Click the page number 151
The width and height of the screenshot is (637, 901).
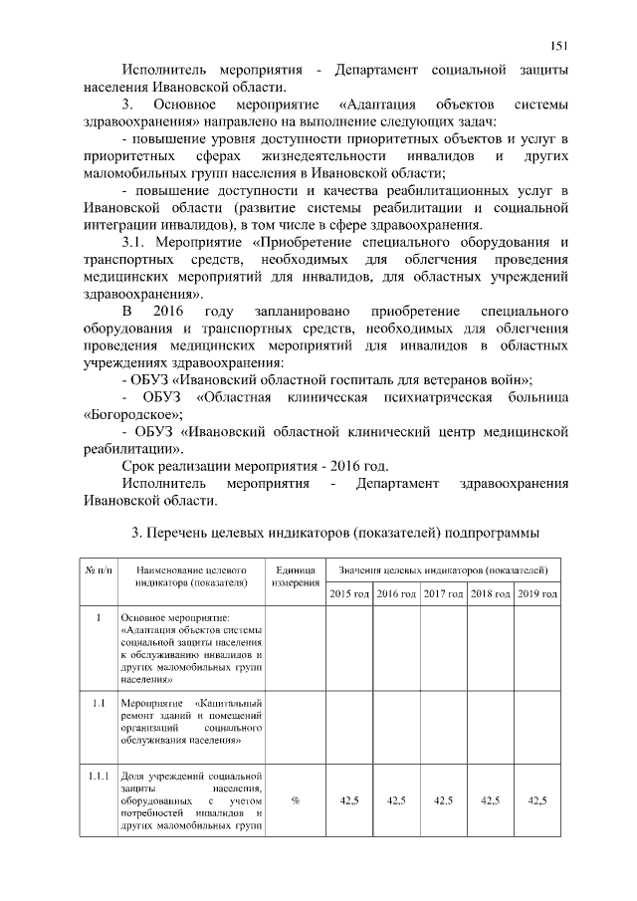click(559, 45)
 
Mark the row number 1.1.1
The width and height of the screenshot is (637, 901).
click(98, 776)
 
